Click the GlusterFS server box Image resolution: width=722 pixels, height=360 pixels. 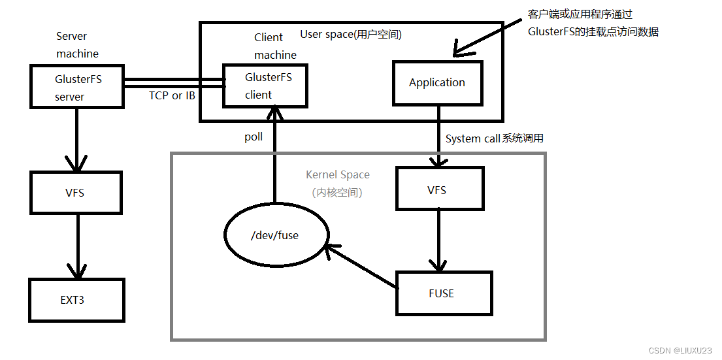(77, 87)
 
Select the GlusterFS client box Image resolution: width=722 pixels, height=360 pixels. (265, 86)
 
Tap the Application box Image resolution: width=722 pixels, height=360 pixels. (437, 83)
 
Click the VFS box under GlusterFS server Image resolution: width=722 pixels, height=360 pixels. (76, 193)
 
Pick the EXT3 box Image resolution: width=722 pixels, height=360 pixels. (76, 300)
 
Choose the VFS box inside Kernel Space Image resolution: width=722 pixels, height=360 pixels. (440, 189)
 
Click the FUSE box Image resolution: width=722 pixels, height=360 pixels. (442, 293)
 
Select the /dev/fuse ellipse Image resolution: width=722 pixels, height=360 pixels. (274, 235)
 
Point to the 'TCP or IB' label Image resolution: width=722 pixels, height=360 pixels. (172, 95)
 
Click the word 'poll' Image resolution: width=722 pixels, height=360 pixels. (254, 137)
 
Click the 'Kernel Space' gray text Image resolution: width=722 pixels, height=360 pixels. (338, 175)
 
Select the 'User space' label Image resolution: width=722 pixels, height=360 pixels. (350, 35)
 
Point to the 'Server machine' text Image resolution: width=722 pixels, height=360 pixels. (77, 45)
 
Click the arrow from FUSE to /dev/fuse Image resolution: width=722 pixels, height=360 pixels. (363, 267)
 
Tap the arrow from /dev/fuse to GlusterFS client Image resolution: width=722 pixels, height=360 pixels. (275, 157)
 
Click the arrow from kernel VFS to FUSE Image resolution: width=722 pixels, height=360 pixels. (439, 238)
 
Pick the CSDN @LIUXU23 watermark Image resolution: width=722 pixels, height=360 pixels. (683, 351)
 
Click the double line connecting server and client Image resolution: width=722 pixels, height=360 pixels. (173, 82)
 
